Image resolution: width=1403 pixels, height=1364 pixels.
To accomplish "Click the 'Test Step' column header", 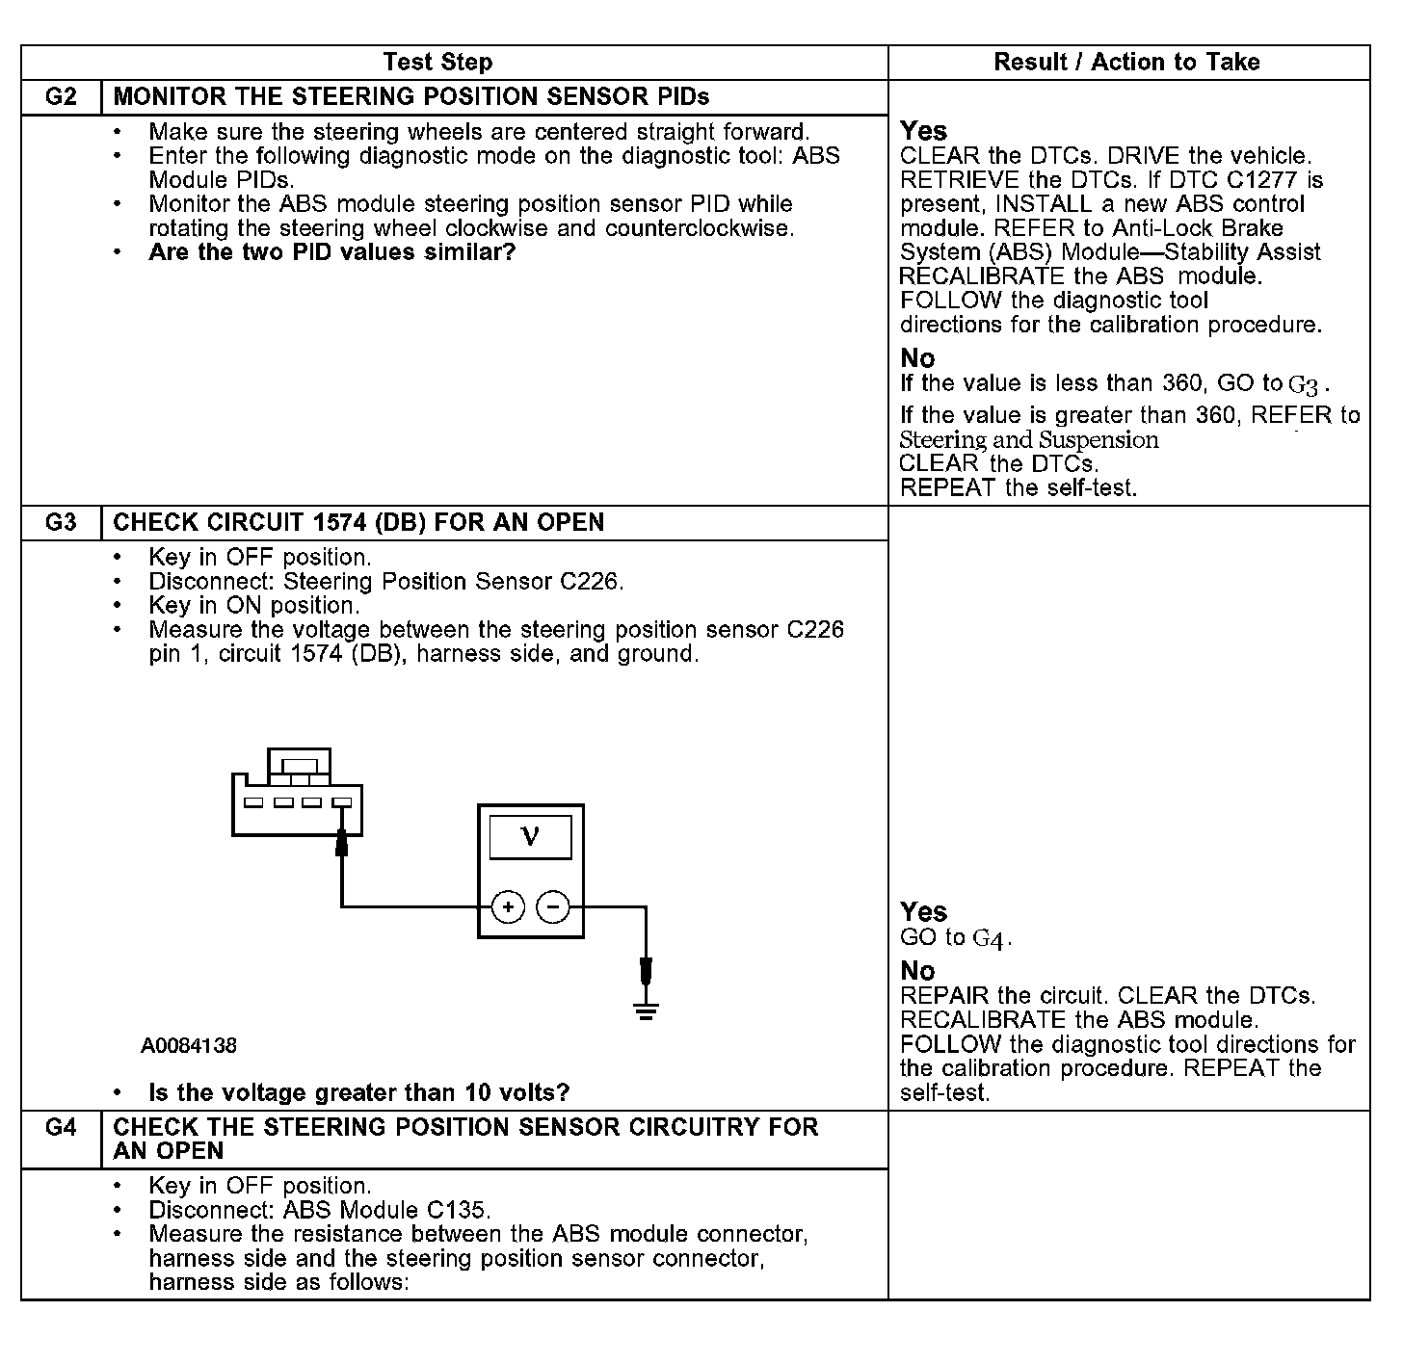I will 437,63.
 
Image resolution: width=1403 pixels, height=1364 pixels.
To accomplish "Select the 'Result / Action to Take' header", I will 1126,63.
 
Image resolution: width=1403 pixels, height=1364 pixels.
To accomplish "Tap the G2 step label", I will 61,97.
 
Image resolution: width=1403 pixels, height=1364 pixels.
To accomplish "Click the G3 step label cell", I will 61,523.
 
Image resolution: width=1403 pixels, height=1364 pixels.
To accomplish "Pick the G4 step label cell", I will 61,1127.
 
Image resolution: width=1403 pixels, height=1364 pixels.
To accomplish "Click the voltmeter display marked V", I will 530,837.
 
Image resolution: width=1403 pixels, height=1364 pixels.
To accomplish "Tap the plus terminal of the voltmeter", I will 508,907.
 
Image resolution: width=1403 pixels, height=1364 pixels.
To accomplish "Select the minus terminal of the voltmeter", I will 552,907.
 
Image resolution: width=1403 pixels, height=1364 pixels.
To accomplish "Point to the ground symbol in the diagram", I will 646,1010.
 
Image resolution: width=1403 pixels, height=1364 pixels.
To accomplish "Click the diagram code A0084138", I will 189,1046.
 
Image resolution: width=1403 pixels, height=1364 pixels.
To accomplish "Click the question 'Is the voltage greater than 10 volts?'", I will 358,1093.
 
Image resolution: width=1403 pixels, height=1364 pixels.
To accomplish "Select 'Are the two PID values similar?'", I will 332,253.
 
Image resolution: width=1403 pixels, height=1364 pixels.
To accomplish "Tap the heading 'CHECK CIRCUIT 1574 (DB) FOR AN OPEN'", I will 358,523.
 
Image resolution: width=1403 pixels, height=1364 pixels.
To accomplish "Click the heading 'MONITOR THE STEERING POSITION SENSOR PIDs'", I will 411,97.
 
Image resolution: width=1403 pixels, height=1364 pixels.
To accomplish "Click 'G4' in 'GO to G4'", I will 991,939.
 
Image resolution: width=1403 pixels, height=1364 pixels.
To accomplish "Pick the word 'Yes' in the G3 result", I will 923,911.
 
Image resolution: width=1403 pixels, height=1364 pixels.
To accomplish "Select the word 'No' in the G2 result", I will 917,358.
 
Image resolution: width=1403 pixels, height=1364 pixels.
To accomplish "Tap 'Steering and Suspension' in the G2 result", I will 1029,440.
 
